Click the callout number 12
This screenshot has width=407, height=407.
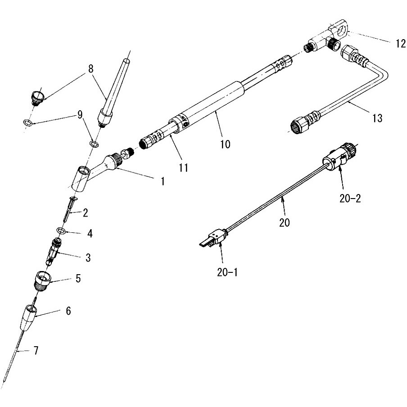tap(401, 43)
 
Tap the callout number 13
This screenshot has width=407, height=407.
tap(377, 118)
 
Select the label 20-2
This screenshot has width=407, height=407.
tap(350, 199)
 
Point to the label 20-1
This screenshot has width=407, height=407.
tap(227, 272)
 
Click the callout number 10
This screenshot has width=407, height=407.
tap(225, 144)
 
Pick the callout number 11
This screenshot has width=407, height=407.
tap(184, 167)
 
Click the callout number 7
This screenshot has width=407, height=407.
tap(36, 350)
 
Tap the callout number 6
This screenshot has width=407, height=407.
tap(68, 311)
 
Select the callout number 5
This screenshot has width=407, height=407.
tap(78, 278)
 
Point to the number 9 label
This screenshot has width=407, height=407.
tap(80, 114)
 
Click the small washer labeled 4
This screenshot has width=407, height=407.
tap(61, 230)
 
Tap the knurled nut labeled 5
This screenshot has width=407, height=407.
tap(42, 282)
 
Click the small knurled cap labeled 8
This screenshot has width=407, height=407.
tap(37, 98)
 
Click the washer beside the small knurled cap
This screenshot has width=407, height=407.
tap(28, 122)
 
